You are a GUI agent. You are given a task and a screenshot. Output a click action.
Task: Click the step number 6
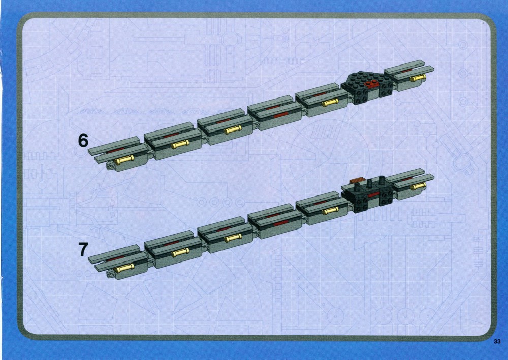pyautogui.click(x=83, y=140)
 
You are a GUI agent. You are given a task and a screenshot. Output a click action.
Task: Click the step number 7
pyautogui.click(x=83, y=250)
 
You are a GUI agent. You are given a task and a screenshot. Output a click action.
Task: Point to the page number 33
pyautogui.click(x=497, y=341)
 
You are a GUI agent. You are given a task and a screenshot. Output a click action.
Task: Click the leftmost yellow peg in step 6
pyautogui.click(x=124, y=160)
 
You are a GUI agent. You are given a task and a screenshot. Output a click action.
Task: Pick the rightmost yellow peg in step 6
pyautogui.click(x=418, y=78)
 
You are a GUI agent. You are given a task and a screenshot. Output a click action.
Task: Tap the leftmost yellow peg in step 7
pyautogui.click(x=124, y=268)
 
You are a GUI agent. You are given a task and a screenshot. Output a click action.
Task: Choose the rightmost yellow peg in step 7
pyautogui.click(x=418, y=186)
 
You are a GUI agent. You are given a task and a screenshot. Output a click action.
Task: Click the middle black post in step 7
pyautogui.click(x=369, y=184)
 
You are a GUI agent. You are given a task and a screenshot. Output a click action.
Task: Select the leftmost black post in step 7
pyautogui.click(x=357, y=187)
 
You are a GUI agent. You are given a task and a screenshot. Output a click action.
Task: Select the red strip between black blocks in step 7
pyautogui.click(x=373, y=194)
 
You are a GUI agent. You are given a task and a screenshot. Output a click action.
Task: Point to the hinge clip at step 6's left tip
pyautogui.click(x=110, y=167)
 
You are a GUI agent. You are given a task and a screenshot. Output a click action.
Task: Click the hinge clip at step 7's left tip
pyautogui.click(x=110, y=275)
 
